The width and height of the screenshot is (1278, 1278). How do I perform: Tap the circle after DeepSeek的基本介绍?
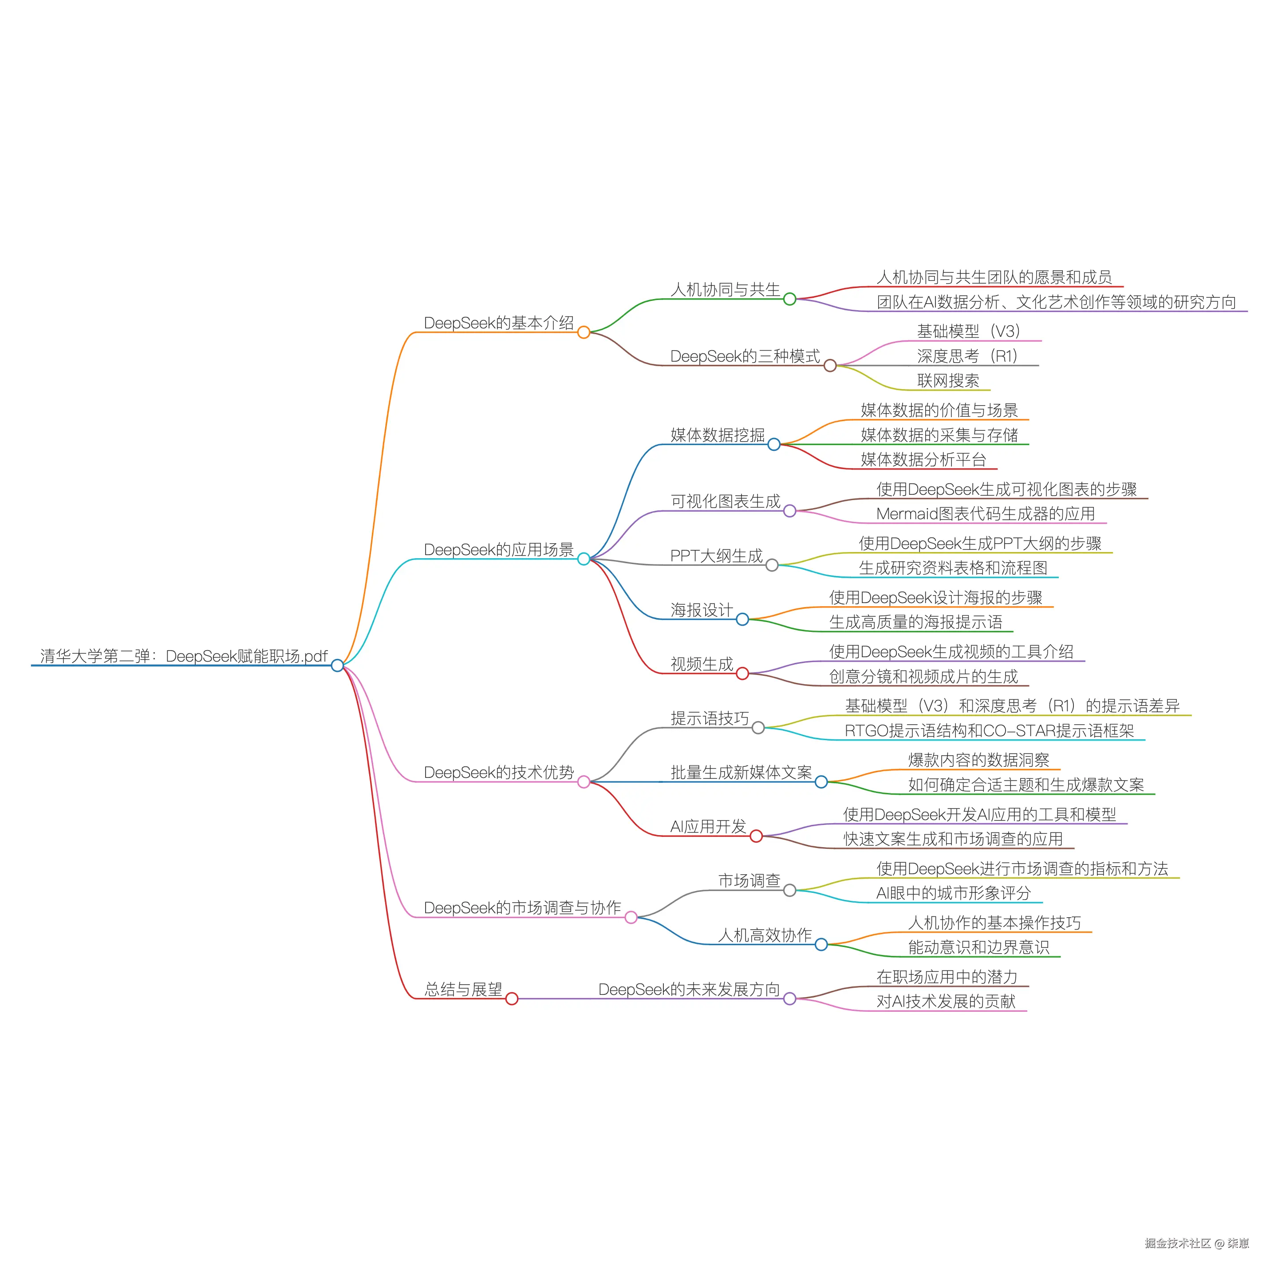[x=584, y=332]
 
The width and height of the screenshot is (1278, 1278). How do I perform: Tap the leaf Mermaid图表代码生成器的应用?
[x=985, y=513]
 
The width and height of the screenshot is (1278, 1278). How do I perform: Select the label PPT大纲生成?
[x=716, y=556]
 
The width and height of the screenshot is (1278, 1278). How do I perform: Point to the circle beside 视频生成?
[x=742, y=674]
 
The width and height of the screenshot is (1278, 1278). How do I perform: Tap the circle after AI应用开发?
[x=756, y=836]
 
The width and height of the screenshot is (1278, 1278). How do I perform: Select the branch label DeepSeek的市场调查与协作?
[x=522, y=907]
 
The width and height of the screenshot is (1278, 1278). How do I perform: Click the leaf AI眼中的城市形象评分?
[x=953, y=893]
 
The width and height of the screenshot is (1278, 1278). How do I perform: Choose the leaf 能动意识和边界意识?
[x=978, y=947]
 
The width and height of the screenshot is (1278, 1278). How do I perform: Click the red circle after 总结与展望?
[x=511, y=999]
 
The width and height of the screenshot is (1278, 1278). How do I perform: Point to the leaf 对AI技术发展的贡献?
[x=946, y=1002]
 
